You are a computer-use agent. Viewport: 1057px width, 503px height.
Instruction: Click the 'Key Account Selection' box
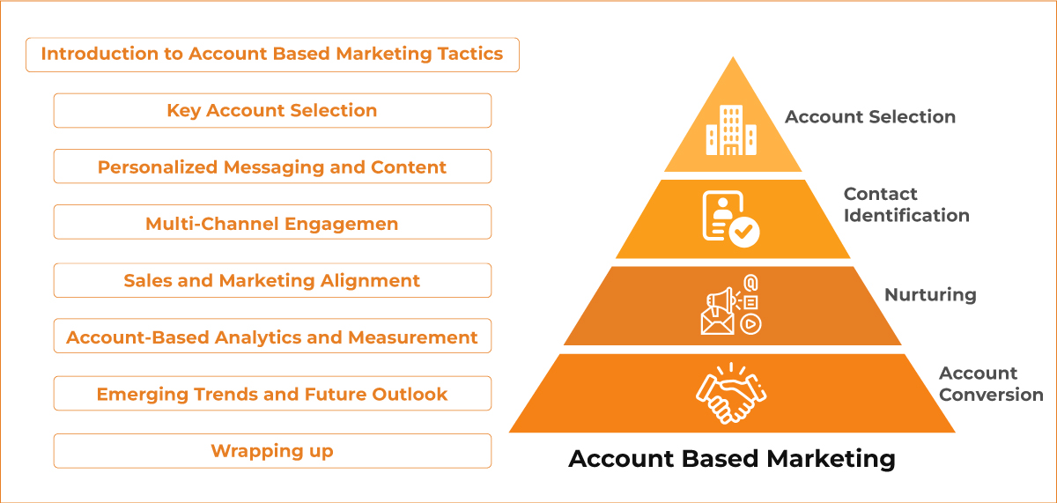click(272, 111)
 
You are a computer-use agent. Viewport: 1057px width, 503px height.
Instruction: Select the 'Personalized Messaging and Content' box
click(272, 167)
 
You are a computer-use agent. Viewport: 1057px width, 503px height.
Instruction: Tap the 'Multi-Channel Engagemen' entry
click(272, 224)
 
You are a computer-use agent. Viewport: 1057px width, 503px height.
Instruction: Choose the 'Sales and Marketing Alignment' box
click(272, 281)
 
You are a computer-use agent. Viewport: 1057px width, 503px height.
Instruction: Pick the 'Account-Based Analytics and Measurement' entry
click(272, 337)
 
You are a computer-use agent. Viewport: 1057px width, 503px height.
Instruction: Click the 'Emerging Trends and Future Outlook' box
click(272, 394)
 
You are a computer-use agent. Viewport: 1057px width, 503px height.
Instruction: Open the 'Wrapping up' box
click(272, 451)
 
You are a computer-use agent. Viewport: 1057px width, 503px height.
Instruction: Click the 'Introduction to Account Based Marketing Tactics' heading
click(272, 54)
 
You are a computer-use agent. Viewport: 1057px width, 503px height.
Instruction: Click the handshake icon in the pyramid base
click(731, 394)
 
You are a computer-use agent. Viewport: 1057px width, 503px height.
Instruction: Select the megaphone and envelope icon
click(730, 305)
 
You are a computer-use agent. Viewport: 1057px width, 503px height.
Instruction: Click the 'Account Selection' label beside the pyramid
click(870, 116)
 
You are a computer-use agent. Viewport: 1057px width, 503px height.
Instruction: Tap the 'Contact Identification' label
click(906, 204)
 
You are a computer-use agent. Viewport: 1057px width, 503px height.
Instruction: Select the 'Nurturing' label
click(930, 294)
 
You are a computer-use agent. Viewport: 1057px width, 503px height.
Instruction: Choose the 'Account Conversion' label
click(990, 384)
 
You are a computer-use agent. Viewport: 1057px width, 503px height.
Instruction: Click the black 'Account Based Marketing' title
click(732, 459)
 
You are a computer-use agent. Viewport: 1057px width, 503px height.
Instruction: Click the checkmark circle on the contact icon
click(745, 233)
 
